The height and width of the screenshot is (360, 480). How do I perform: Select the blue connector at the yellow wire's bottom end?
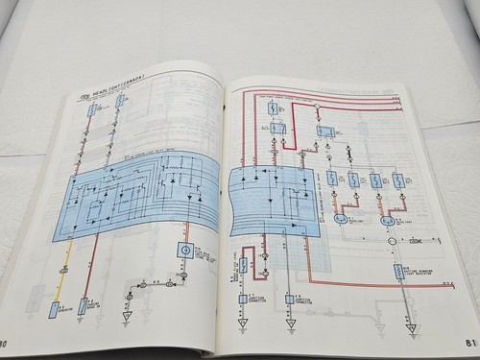click(x=55, y=309)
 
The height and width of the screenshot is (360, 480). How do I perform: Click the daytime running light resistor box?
click(x=398, y=272)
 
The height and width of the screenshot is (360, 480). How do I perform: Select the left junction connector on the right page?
click(x=244, y=300)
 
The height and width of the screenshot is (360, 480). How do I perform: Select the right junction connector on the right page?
click(x=289, y=300)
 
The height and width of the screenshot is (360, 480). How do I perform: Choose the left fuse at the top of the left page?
click(x=91, y=109)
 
